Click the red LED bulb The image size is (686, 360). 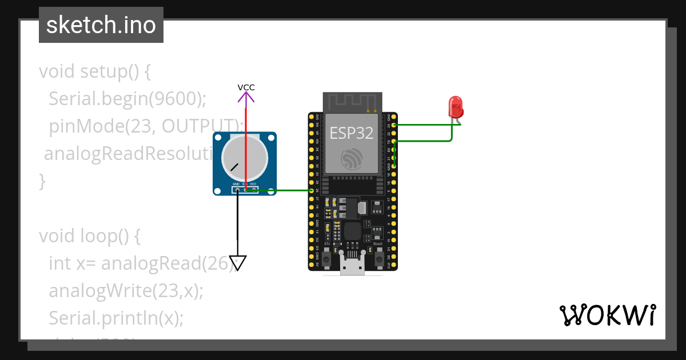[x=456, y=107]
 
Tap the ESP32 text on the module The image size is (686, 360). [x=352, y=133]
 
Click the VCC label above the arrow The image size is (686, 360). [x=246, y=87]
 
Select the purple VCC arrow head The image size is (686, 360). [x=246, y=99]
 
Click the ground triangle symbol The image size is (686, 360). [x=238, y=263]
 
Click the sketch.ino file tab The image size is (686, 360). [x=101, y=25]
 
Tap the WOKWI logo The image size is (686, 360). [x=607, y=315]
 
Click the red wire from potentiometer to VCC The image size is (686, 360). [x=246, y=143]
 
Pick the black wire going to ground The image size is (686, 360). [x=238, y=217]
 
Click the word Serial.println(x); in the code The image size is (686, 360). [x=116, y=318]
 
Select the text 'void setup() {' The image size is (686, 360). [x=94, y=71]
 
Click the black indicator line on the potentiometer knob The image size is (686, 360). [x=234, y=167]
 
